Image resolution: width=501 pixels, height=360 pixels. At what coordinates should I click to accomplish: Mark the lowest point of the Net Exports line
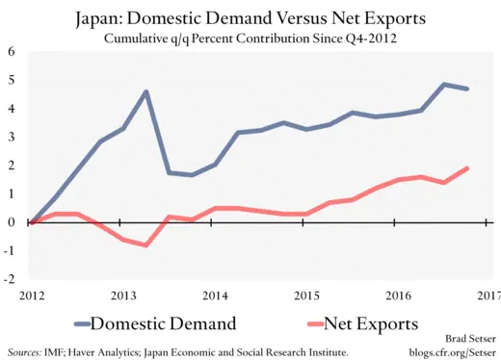coord(145,245)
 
